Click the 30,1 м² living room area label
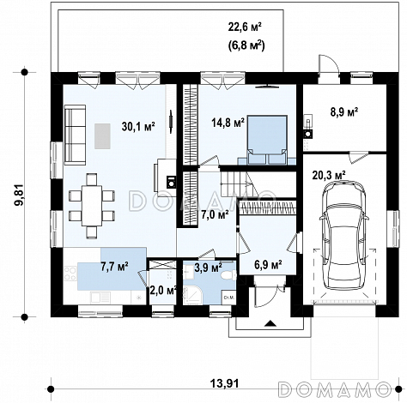(138, 126)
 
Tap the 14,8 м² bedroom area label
(228, 123)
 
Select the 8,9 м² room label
(344, 111)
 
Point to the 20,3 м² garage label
(329, 175)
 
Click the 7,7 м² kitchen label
(114, 267)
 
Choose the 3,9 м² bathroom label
(208, 268)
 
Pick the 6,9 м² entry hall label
(268, 264)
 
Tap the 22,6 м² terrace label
(245, 27)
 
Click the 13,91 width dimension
(224, 383)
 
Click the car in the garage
(344, 236)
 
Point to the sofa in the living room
(75, 135)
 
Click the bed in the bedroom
(267, 140)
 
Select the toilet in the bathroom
(228, 275)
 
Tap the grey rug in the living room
(102, 136)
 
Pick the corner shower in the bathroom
(192, 295)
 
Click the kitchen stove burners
(70, 274)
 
